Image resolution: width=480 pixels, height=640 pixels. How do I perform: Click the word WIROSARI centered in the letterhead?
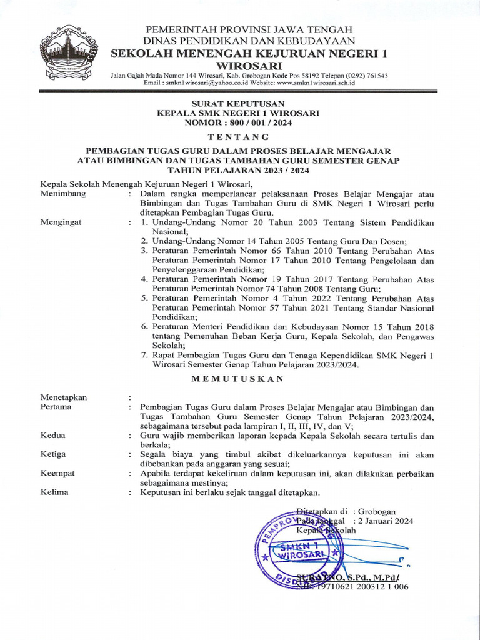249,66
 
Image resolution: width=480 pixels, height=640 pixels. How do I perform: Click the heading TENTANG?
239,137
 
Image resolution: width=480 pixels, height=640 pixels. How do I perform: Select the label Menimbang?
63,194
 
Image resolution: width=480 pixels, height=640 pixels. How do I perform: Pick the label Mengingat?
61,222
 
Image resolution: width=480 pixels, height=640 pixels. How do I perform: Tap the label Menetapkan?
64,397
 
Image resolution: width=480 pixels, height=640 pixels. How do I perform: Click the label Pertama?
56,407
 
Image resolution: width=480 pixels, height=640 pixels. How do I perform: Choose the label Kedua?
53,436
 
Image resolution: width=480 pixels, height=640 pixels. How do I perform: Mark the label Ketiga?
53,454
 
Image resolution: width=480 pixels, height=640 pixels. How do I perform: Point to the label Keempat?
57,473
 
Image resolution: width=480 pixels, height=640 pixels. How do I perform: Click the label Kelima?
54,492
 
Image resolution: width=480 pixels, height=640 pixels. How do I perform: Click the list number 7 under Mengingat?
144,355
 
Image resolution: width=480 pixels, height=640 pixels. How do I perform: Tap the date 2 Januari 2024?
384,521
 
